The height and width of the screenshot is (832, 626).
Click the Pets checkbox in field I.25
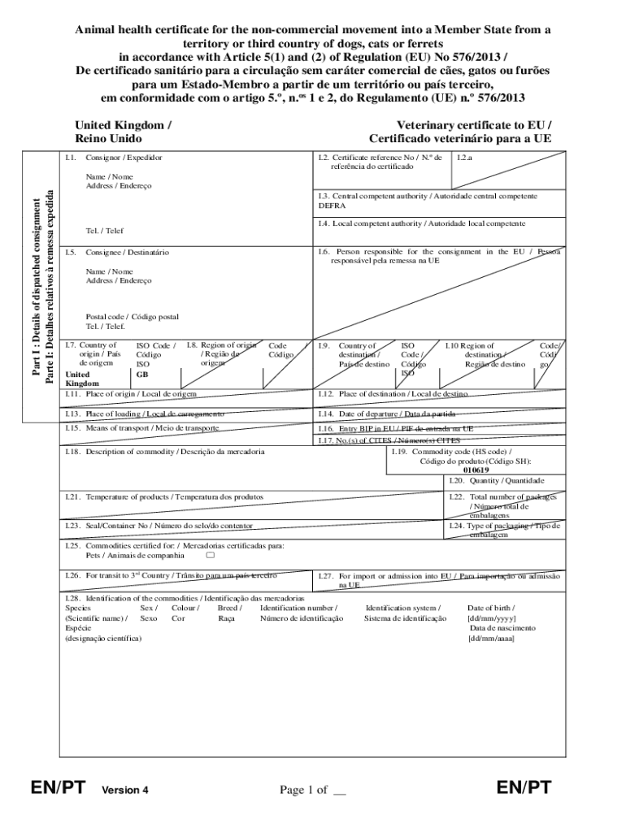coord(211,557)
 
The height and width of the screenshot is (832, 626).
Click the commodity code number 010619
coord(476,470)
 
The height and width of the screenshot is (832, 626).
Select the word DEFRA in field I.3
coord(333,206)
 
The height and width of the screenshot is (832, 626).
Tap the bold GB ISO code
coord(142,375)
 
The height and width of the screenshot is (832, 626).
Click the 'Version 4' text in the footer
coord(124,790)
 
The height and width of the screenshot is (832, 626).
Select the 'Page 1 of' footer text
coord(303,790)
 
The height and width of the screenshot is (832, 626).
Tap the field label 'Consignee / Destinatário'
coord(128,253)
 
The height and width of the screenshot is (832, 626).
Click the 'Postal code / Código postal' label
coord(132,317)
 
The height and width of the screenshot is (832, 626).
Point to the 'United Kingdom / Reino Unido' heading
coord(122,132)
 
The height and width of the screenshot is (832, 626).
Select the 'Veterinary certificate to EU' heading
coord(474,126)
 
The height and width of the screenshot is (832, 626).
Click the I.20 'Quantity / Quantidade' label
coord(506,481)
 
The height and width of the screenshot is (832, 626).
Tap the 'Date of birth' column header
coord(490,608)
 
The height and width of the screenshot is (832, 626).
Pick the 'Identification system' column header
coord(403,608)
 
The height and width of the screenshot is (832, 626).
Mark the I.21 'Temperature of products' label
coord(174,496)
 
